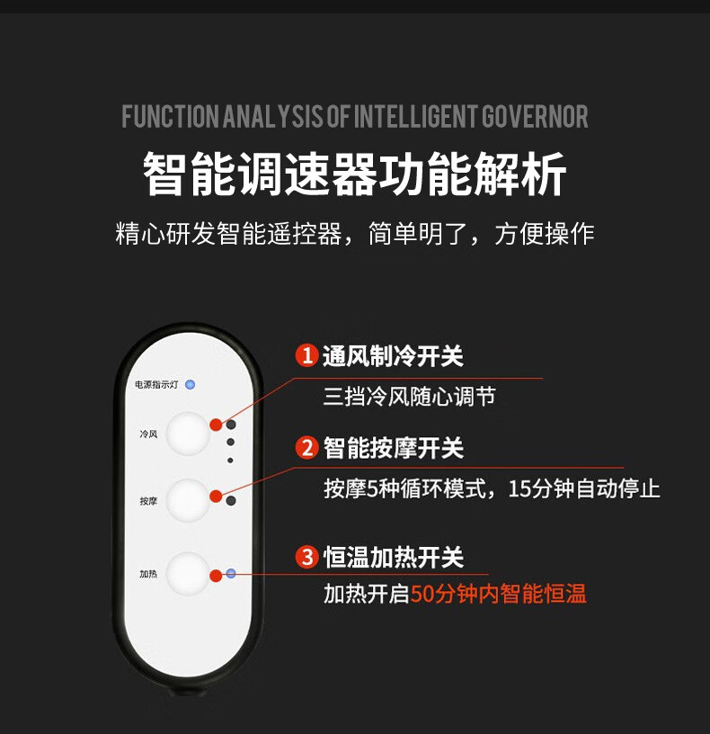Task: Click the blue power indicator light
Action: pos(190,385)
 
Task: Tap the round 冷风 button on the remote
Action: pos(188,434)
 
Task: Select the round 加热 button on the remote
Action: pos(188,574)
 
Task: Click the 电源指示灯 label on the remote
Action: pos(156,385)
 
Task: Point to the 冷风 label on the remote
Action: pos(148,434)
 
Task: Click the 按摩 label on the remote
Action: pos(148,501)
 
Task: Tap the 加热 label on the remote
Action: pos(148,574)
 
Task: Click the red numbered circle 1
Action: pos(306,355)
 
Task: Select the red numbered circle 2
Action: pos(306,448)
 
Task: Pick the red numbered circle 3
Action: pos(306,557)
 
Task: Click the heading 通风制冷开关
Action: pos(393,356)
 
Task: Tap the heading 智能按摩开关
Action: pos(394,448)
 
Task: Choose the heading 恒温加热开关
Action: pos(394,558)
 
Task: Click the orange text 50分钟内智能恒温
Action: pos(499,594)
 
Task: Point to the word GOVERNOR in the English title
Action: pos(535,117)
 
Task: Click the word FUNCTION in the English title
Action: pos(170,117)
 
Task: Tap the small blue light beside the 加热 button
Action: pos(231,573)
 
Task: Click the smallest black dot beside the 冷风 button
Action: pos(230,461)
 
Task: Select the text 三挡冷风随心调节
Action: pos(409,397)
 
